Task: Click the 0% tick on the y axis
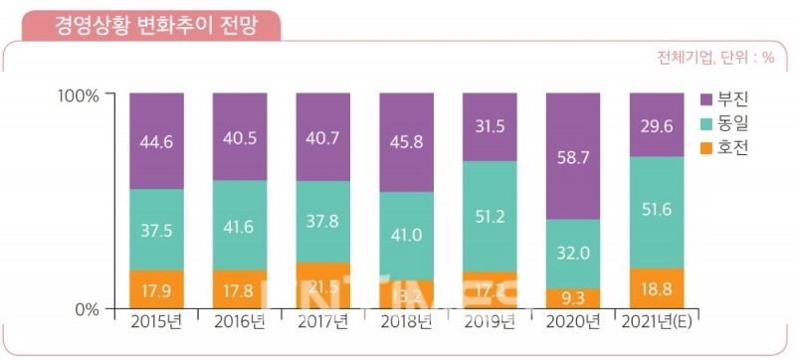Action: (x=85, y=309)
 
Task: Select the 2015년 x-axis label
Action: (x=156, y=322)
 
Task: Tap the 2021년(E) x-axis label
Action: (x=658, y=322)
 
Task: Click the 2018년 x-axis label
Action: (x=407, y=322)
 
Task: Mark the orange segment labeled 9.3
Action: (x=574, y=298)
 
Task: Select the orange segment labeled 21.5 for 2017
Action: (x=323, y=286)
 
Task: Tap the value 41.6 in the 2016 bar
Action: (x=240, y=226)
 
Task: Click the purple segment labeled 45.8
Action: (x=407, y=142)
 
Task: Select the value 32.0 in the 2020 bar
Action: (x=574, y=254)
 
